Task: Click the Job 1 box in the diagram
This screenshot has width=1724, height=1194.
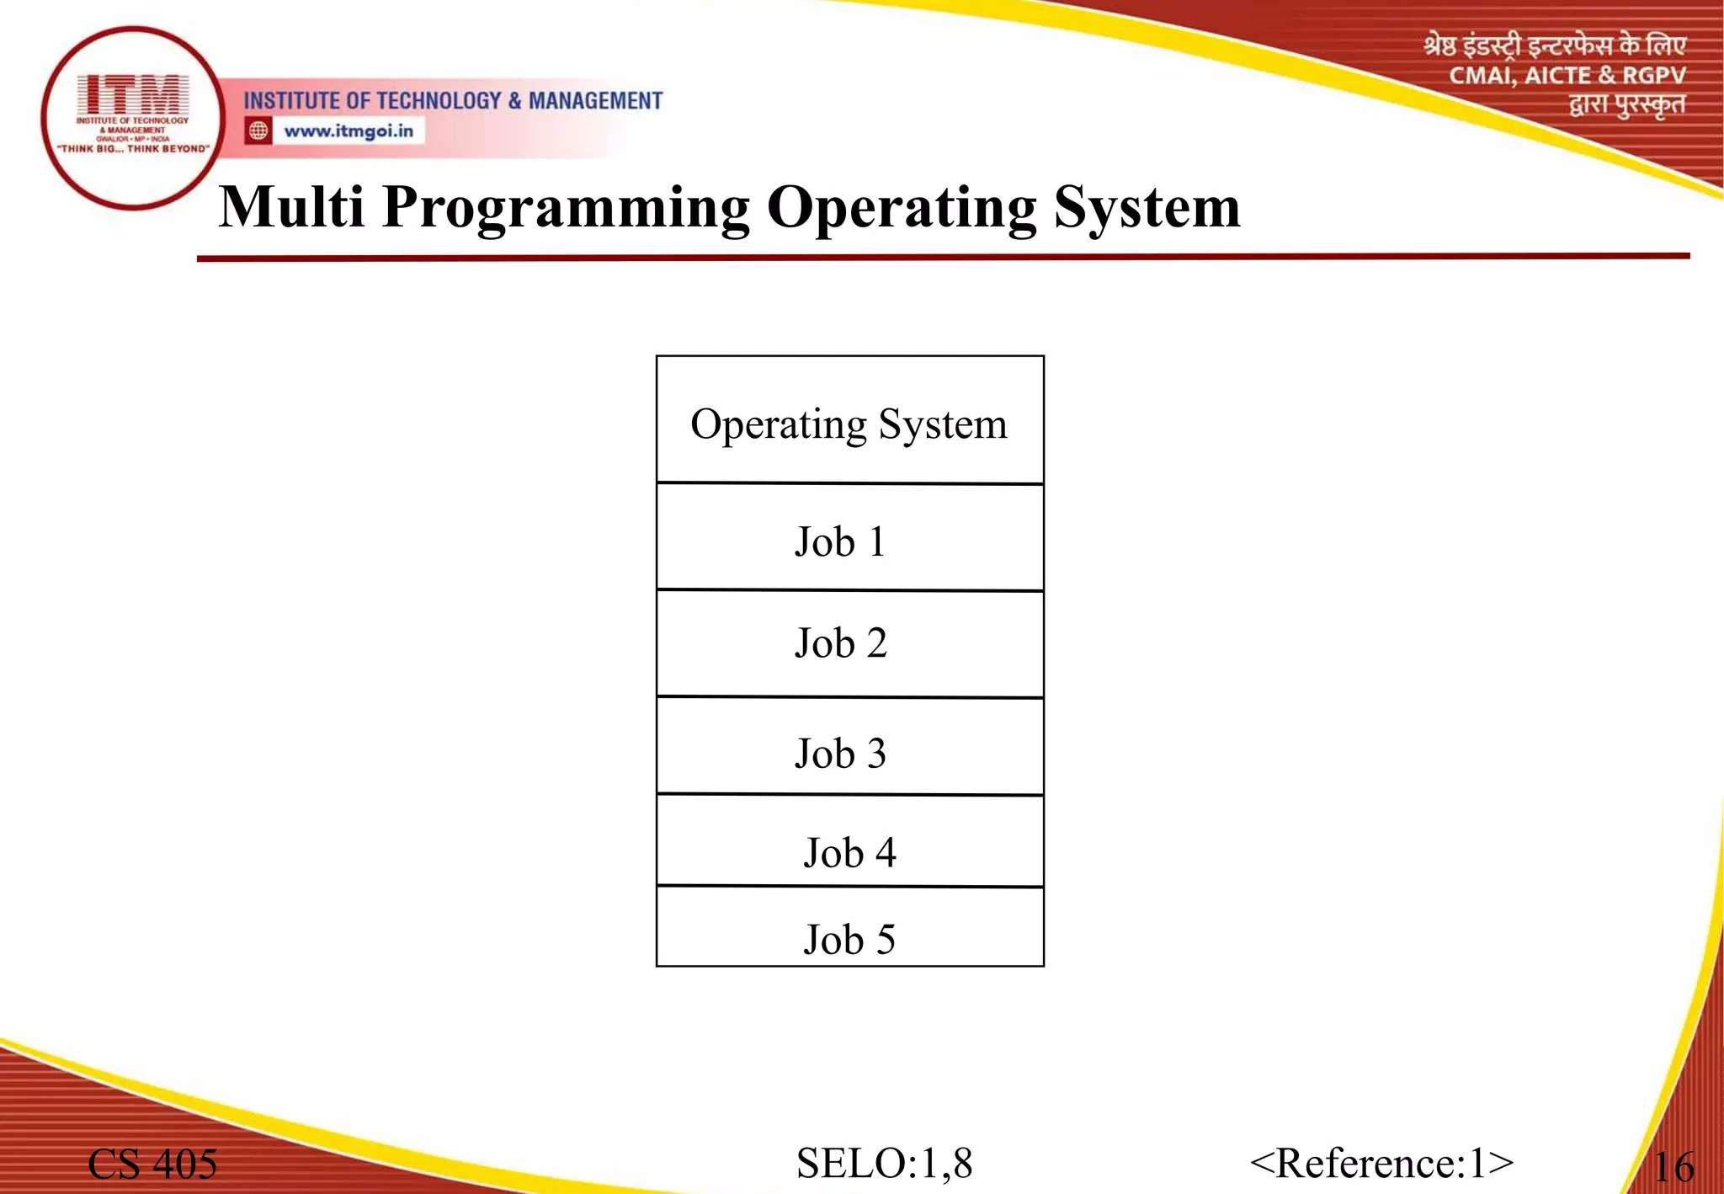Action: click(x=849, y=539)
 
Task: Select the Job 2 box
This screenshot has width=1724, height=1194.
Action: click(x=849, y=643)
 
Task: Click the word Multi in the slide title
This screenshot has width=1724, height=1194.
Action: click(x=291, y=207)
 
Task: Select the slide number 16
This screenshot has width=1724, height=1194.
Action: click(x=1673, y=1167)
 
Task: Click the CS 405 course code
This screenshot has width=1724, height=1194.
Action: click(x=152, y=1165)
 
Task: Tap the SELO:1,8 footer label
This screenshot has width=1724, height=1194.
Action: click(x=884, y=1164)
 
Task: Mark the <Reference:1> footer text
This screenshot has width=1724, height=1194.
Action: click(x=1381, y=1164)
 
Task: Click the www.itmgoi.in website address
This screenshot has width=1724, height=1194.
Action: click(x=349, y=131)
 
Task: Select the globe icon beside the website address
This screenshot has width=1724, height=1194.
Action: click(x=258, y=131)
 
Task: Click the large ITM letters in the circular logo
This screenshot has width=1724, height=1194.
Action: click(x=133, y=94)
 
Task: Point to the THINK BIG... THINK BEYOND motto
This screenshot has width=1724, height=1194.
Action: click(x=133, y=149)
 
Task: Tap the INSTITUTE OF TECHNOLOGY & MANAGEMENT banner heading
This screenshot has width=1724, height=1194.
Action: click(x=453, y=101)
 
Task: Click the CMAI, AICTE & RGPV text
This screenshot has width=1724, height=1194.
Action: click(x=1567, y=76)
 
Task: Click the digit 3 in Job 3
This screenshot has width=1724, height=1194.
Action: click(x=876, y=753)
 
